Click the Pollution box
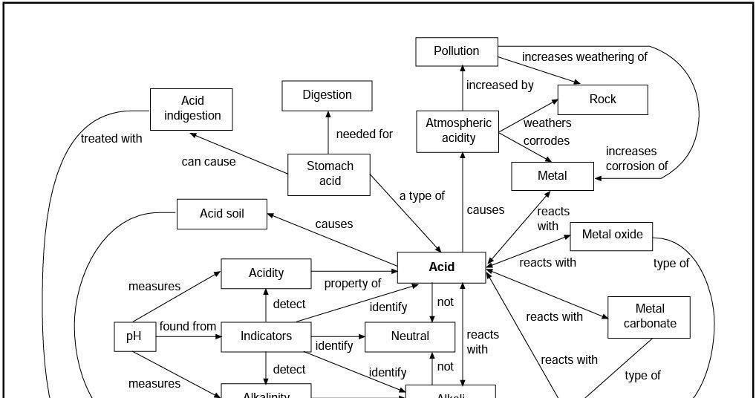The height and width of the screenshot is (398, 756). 457,51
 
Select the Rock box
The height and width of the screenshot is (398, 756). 602,99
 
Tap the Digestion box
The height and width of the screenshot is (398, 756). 327,95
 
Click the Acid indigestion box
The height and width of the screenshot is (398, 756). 192,108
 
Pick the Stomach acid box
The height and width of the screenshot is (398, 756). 329,174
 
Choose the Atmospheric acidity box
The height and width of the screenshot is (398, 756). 457,131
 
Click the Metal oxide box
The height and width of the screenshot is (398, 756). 611,235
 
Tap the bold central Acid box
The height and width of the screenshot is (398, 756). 441,267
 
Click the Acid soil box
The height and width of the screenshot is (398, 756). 221,215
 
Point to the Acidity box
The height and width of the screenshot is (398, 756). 266,273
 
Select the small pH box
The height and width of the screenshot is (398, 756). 134,336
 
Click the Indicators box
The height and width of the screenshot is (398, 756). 266,336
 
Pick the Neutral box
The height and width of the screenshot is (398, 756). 409,336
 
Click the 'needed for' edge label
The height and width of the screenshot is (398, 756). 364,134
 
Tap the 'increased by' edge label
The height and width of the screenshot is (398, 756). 500,85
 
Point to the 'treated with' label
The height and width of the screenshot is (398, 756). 111,139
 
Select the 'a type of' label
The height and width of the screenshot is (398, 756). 422,196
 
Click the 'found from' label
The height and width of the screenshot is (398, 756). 188,327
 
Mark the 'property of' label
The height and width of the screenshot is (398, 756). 352,284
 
